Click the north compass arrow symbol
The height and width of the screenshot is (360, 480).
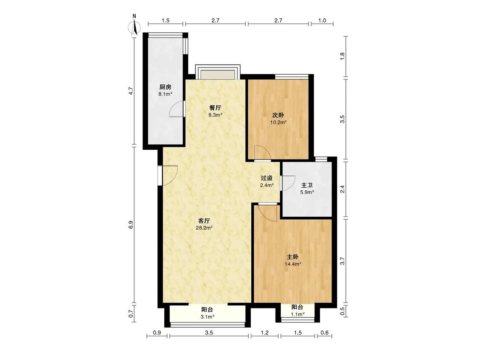coord(134,27)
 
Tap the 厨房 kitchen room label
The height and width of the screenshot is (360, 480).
coord(165,87)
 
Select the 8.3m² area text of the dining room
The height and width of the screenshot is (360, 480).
coord(215,115)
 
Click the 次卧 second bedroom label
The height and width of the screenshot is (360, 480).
coord(278,116)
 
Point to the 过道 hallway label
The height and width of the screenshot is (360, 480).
coord(267,178)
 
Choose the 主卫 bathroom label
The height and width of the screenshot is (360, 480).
coord(307,185)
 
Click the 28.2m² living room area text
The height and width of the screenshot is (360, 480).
coord(204,228)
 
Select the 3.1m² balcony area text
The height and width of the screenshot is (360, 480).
coord(207,317)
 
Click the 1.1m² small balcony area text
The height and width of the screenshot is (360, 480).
coord(297,314)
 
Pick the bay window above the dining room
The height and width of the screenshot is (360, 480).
coord(218,72)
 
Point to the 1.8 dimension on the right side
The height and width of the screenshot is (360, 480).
coord(343,56)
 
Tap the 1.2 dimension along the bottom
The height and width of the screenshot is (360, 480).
coord(265,332)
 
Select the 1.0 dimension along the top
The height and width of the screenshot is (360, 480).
coord(322,20)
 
